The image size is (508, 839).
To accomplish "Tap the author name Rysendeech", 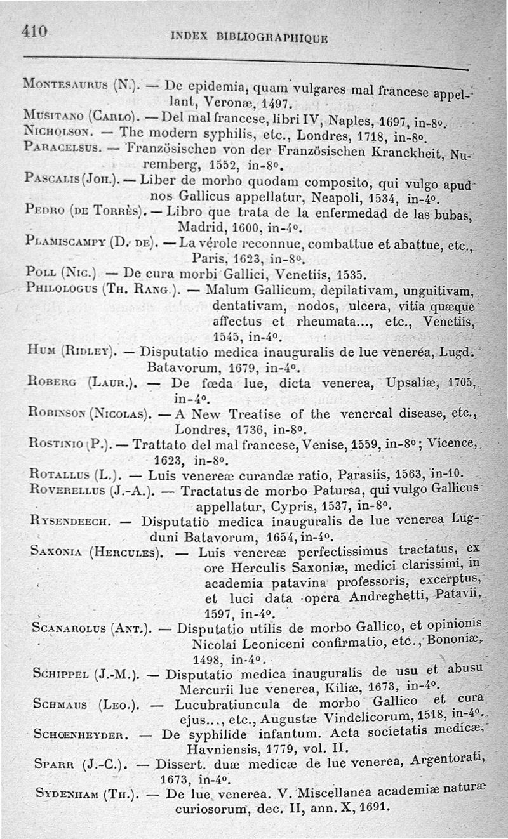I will [x=71, y=522].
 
